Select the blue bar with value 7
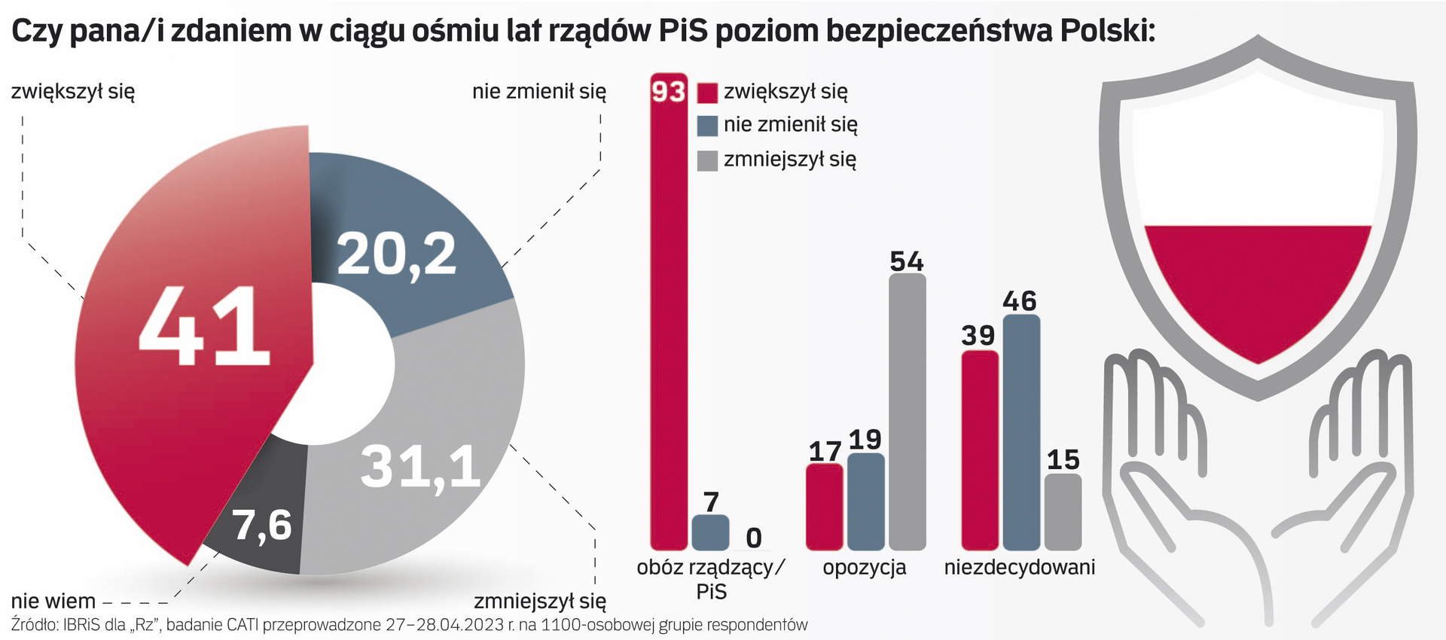(x=710, y=532)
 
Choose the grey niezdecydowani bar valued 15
(x=1063, y=512)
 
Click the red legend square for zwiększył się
(x=707, y=93)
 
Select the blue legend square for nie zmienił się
(x=707, y=126)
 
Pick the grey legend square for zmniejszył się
(x=707, y=160)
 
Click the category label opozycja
(x=864, y=568)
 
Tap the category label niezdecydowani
(x=1019, y=568)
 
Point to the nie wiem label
(x=53, y=602)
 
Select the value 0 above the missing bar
(x=753, y=538)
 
